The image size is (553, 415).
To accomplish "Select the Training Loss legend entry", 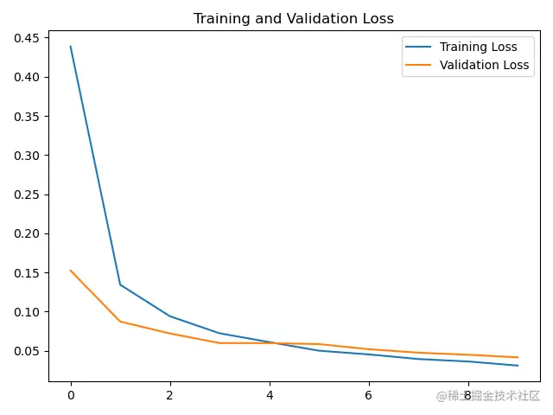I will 478,47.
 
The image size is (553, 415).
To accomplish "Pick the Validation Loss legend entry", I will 484,65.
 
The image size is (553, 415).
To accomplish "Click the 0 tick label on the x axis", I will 71,396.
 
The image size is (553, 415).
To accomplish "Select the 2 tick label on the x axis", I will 170,396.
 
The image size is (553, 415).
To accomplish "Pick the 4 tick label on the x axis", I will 270,396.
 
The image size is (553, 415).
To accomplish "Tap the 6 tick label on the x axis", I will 369,396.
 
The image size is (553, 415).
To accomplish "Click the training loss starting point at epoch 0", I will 71,47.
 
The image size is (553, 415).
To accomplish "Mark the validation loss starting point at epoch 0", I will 71,271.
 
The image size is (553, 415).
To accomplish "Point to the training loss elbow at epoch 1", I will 120,284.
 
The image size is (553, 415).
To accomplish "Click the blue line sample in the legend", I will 420,47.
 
